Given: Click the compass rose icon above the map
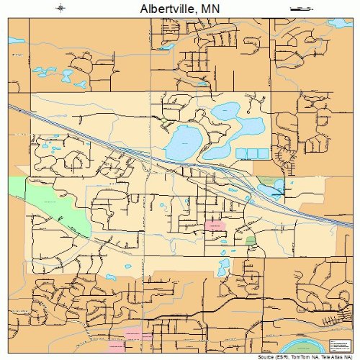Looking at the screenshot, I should pos(61,8).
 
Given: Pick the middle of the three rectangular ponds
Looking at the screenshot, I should pos(252,153).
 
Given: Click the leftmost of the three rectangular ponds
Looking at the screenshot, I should pos(241,153).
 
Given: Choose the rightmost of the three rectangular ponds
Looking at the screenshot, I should pos(263,153).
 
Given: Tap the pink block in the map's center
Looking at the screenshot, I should pos(215,227).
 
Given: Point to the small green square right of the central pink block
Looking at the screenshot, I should pos(250,240).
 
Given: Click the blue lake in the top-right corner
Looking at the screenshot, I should pos(338,23).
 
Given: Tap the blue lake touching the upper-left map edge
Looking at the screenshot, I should pos(16,41).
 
